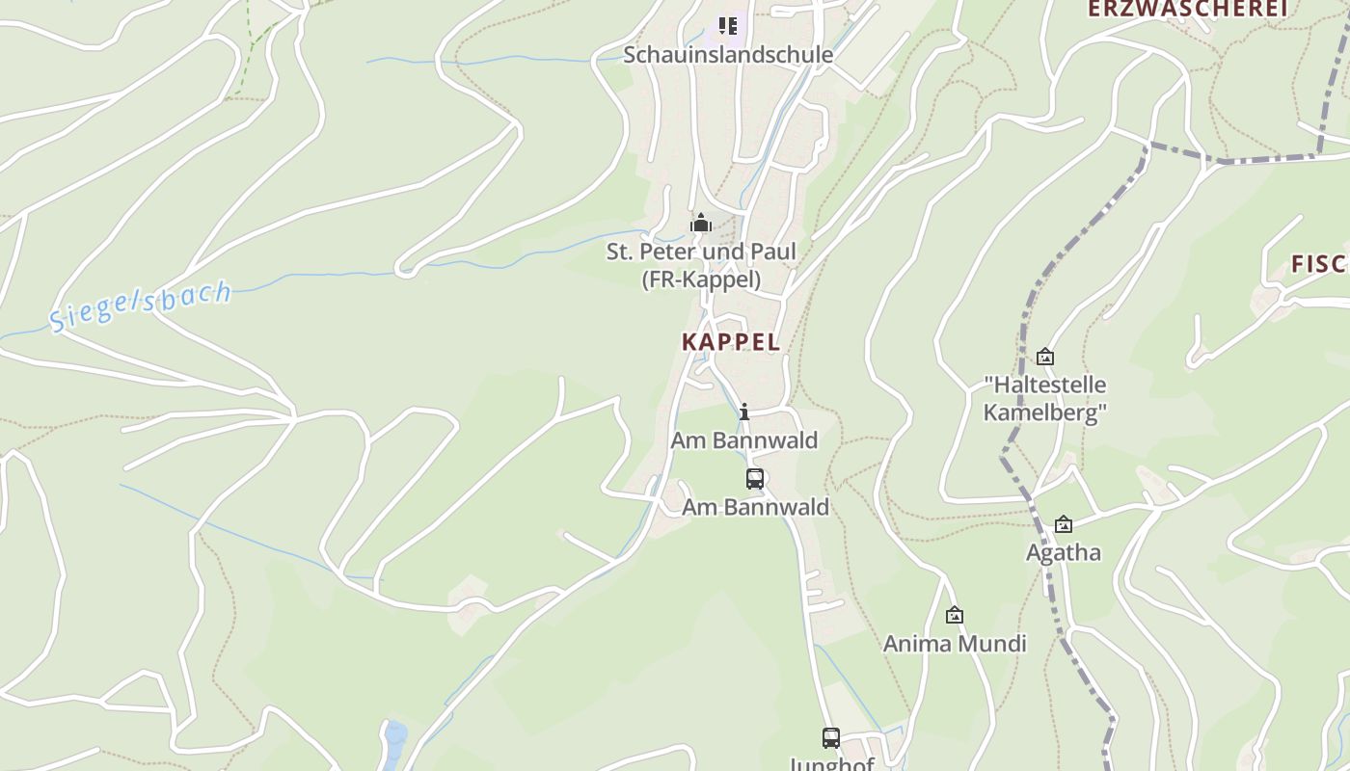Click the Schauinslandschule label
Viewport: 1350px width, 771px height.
coord(727,55)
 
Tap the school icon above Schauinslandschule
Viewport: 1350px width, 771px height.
coord(727,26)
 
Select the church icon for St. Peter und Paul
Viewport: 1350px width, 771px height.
coord(701,224)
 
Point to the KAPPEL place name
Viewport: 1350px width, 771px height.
coord(731,342)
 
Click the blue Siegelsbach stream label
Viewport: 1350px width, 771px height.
coord(141,306)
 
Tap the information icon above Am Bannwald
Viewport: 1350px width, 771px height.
coord(744,412)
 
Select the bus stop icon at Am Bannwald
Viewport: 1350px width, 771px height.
coord(755,478)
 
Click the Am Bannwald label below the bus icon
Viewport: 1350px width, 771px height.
coord(755,507)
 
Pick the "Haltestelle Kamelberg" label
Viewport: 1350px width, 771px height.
coord(1044,399)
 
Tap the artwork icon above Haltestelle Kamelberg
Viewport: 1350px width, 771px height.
coord(1044,358)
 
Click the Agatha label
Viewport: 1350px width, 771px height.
coord(1063,553)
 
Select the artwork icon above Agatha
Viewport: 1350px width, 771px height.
coord(1063,524)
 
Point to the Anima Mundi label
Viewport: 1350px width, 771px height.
coord(955,644)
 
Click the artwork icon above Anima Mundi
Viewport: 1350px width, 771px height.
coord(955,615)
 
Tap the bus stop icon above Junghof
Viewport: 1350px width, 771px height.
coord(831,738)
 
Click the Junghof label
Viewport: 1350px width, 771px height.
coord(831,764)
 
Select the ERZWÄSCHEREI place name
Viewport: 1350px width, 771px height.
coord(1188,9)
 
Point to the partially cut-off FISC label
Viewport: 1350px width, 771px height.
coord(1319,264)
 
